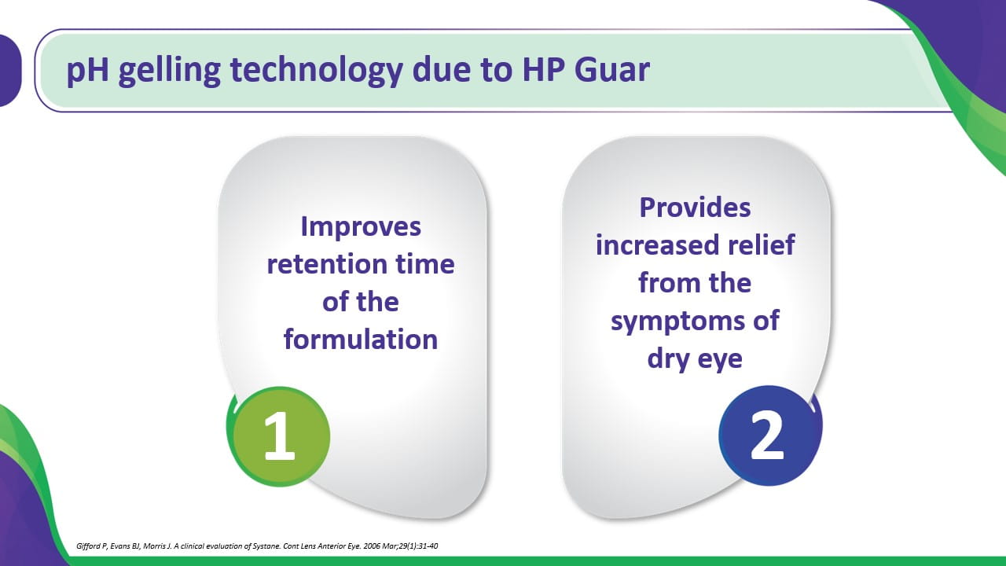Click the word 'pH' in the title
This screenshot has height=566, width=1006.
(x=87, y=71)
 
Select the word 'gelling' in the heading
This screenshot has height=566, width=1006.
(x=170, y=71)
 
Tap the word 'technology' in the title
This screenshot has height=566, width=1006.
(x=316, y=71)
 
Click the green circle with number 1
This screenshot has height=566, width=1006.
(x=278, y=436)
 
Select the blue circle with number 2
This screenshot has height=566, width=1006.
(x=770, y=436)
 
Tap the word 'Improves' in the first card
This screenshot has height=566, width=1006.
(x=361, y=227)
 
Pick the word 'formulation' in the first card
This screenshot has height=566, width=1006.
(x=361, y=339)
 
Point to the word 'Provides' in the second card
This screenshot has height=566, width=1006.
(x=695, y=208)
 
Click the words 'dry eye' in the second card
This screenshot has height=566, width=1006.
(x=695, y=359)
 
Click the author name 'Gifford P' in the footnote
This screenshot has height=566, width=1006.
(x=92, y=546)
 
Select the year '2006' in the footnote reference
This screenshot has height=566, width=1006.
(x=372, y=546)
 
